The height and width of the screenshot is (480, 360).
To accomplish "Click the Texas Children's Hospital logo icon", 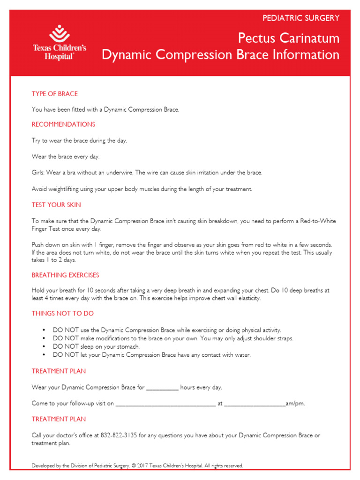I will coord(59,34).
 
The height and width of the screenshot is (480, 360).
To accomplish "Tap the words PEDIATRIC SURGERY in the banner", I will coord(300,18).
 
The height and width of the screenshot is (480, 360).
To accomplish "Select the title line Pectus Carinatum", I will coord(288,37).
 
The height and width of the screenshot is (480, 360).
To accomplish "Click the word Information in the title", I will coord(309,55).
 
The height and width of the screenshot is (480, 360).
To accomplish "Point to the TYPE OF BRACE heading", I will coord(54,94).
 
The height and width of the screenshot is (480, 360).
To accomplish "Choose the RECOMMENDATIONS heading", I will coord(63,124).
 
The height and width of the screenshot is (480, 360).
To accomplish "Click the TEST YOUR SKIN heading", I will coord(56,205).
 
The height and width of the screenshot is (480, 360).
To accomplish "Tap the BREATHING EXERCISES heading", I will coord(65,275).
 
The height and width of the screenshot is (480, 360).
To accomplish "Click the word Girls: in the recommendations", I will coord(39,172).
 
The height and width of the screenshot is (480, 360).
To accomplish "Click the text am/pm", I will coord(295,403).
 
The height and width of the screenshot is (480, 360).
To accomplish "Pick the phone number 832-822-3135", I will coord(119,435).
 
